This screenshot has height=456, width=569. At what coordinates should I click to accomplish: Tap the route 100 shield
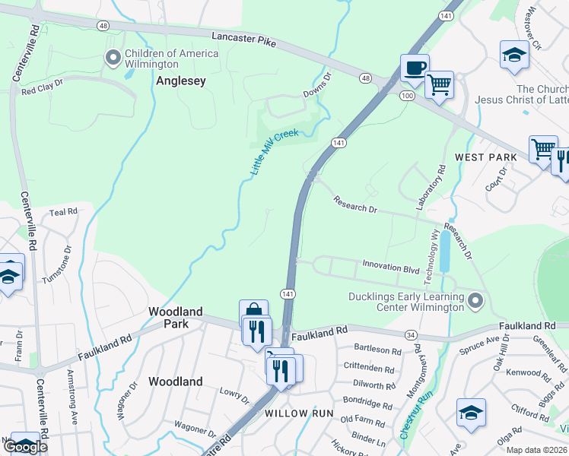tap(408, 94)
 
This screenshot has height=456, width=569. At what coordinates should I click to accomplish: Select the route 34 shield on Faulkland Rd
tap(410, 334)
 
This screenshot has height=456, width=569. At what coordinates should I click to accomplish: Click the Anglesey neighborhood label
tap(181, 81)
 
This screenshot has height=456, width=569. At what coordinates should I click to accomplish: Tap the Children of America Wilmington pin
tap(114, 58)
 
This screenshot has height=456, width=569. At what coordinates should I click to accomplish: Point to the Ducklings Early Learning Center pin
tap(475, 302)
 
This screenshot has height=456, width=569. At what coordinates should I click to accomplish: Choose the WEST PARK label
tap(486, 157)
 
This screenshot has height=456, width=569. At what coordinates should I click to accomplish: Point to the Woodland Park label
tap(176, 318)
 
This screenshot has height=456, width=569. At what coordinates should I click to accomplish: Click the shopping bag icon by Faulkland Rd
tap(254, 312)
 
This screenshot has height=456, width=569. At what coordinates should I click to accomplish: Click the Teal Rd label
tap(64, 213)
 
